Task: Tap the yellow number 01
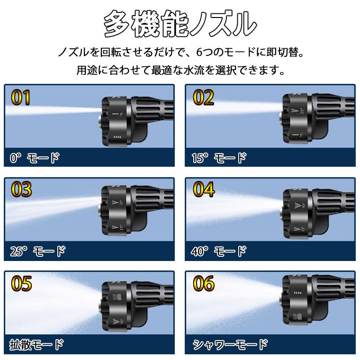[x=20, y=98]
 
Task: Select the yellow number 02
[x=203, y=98]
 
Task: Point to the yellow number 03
[x=21, y=189]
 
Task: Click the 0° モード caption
[x=35, y=158]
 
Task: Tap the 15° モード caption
[x=219, y=158]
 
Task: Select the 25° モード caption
[x=37, y=251]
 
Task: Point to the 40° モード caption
[x=219, y=251]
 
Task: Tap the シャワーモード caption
[x=230, y=344]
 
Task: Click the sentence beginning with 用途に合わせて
[x=180, y=71]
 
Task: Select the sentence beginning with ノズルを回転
[x=180, y=51]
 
